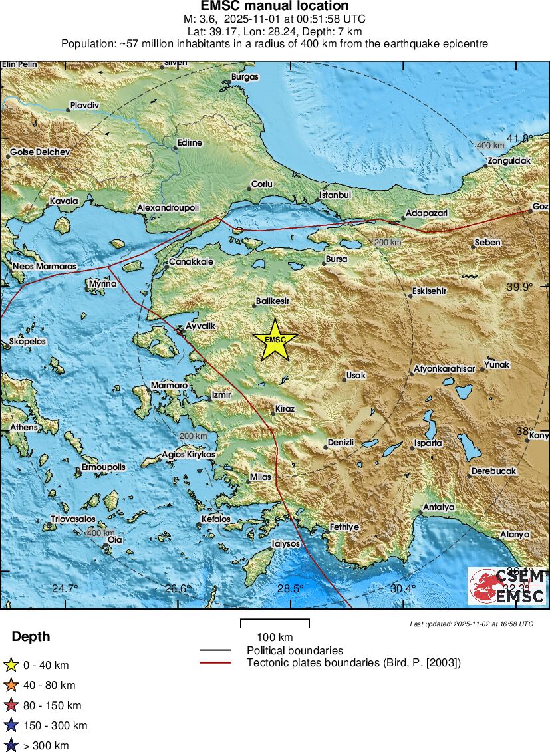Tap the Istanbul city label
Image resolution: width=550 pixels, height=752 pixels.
pos(335,195)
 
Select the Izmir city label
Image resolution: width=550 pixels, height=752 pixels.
pos(221,394)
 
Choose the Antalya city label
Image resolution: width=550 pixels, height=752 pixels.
pos(439,507)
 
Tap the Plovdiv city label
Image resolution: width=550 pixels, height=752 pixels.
pos(84,106)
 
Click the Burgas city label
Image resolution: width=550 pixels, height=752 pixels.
pos(244,77)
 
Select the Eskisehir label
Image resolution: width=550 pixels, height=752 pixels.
pos(429,291)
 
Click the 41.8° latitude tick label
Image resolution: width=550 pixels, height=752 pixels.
pos(519,138)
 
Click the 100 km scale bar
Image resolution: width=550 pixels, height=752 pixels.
pos(275,624)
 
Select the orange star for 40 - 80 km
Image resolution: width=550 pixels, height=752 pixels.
pos(11,685)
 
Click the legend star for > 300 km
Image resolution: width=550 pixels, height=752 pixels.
pos(11,745)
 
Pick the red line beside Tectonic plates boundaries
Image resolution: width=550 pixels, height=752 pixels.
pos(215,662)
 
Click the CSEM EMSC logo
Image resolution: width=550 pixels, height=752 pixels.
pos(507,586)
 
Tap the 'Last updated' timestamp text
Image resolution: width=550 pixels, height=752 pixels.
pos(471,624)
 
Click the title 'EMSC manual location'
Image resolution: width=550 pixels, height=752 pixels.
pos(275,6)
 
